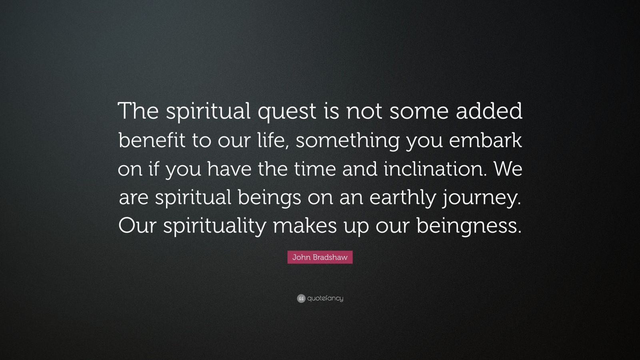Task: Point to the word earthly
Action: (x=402, y=199)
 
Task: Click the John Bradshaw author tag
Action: (x=320, y=258)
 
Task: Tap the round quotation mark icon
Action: (x=301, y=298)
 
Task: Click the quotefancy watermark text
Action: (x=325, y=298)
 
